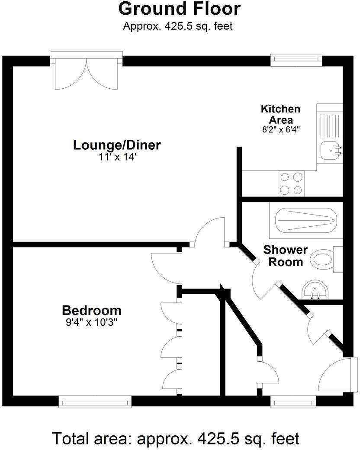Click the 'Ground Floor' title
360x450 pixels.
click(179, 9)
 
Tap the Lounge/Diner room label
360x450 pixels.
click(117, 145)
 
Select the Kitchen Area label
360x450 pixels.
click(280, 114)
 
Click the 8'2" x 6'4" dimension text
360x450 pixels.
click(281, 129)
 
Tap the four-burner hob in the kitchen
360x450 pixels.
click(291, 183)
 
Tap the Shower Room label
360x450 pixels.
click(285, 256)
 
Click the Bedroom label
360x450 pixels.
click(92, 310)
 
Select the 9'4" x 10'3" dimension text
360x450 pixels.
click(92, 322)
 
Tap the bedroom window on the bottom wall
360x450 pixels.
click(95, 402)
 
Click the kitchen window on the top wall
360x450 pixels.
click(296, 59)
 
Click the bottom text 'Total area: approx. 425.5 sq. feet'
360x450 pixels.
click(176, 438)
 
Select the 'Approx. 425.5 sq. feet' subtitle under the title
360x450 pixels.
click(178, 26)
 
